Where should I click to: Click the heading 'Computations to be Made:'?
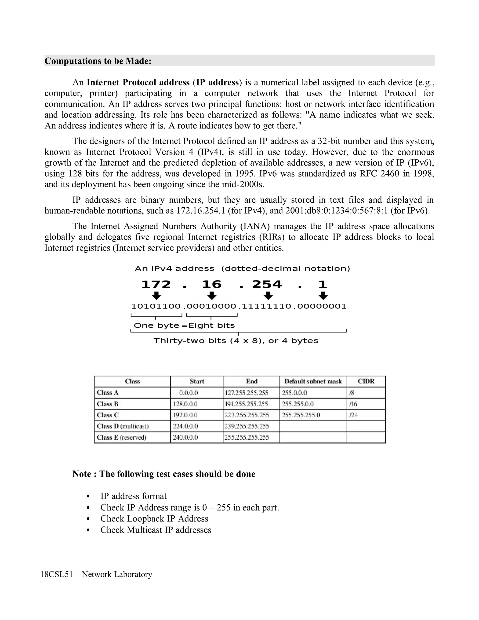[98, 61]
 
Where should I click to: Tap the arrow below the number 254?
[268, 296]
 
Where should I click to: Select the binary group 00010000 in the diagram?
[211, 306]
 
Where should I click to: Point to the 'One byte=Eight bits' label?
[184, 325]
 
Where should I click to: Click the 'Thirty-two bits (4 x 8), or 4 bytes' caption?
[236, 341]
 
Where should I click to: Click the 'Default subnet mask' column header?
[313, 381]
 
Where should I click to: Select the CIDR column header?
[366, 381]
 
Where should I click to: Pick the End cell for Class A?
[246, 393]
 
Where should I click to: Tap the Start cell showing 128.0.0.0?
[185, 404]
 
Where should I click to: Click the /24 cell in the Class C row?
[354, 415]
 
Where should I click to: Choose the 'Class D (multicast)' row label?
[123, 426]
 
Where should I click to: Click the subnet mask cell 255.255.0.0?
[298, 404]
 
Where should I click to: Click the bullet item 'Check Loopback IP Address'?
[154, 519]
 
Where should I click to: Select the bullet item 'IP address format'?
[133, 496]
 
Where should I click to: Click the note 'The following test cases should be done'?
[177, 474]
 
